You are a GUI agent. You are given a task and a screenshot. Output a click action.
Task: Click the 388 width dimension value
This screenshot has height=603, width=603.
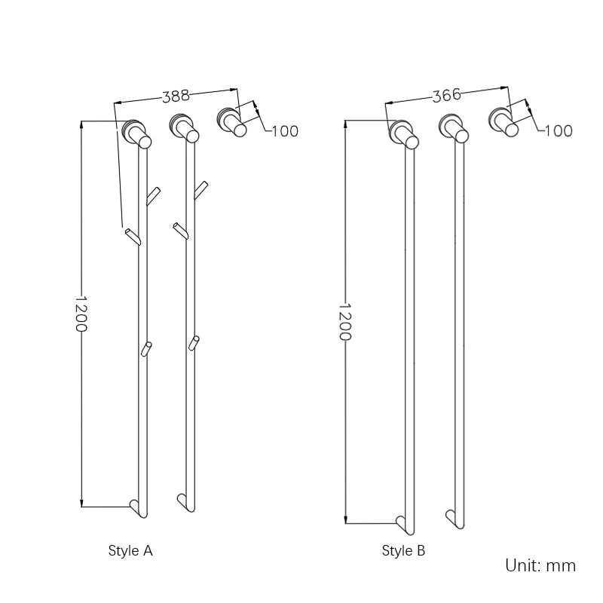pyautogui.click(x=176, y=96)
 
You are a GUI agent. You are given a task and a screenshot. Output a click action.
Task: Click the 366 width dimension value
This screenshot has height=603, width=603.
pyautogui.click(x=446, y=95)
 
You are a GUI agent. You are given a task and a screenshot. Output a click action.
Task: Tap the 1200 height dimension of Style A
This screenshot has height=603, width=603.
pyautogui.click(x=81, y=314)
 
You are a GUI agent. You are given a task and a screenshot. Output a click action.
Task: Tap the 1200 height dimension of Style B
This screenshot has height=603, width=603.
pyautogui.click(x=345, y=322)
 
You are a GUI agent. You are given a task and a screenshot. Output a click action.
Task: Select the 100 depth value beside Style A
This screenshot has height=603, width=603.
pyautogui.click(x=285, y=131)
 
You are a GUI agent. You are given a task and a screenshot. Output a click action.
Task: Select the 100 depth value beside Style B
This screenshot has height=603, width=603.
pyautogui.click(x=559, y=130)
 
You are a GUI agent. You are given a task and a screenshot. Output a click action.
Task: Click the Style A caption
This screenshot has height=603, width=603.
pyautogui.click(x=130, y=551)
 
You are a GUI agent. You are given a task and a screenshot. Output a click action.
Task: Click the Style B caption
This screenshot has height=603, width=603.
pyautogui.click(x=403, y=550)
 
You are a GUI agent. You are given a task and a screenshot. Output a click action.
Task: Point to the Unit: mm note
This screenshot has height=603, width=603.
pyautogui.click(x=540, y=565)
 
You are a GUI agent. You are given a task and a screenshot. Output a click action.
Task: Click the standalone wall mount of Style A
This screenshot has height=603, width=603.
pyautogui.click(x=231, y=121)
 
